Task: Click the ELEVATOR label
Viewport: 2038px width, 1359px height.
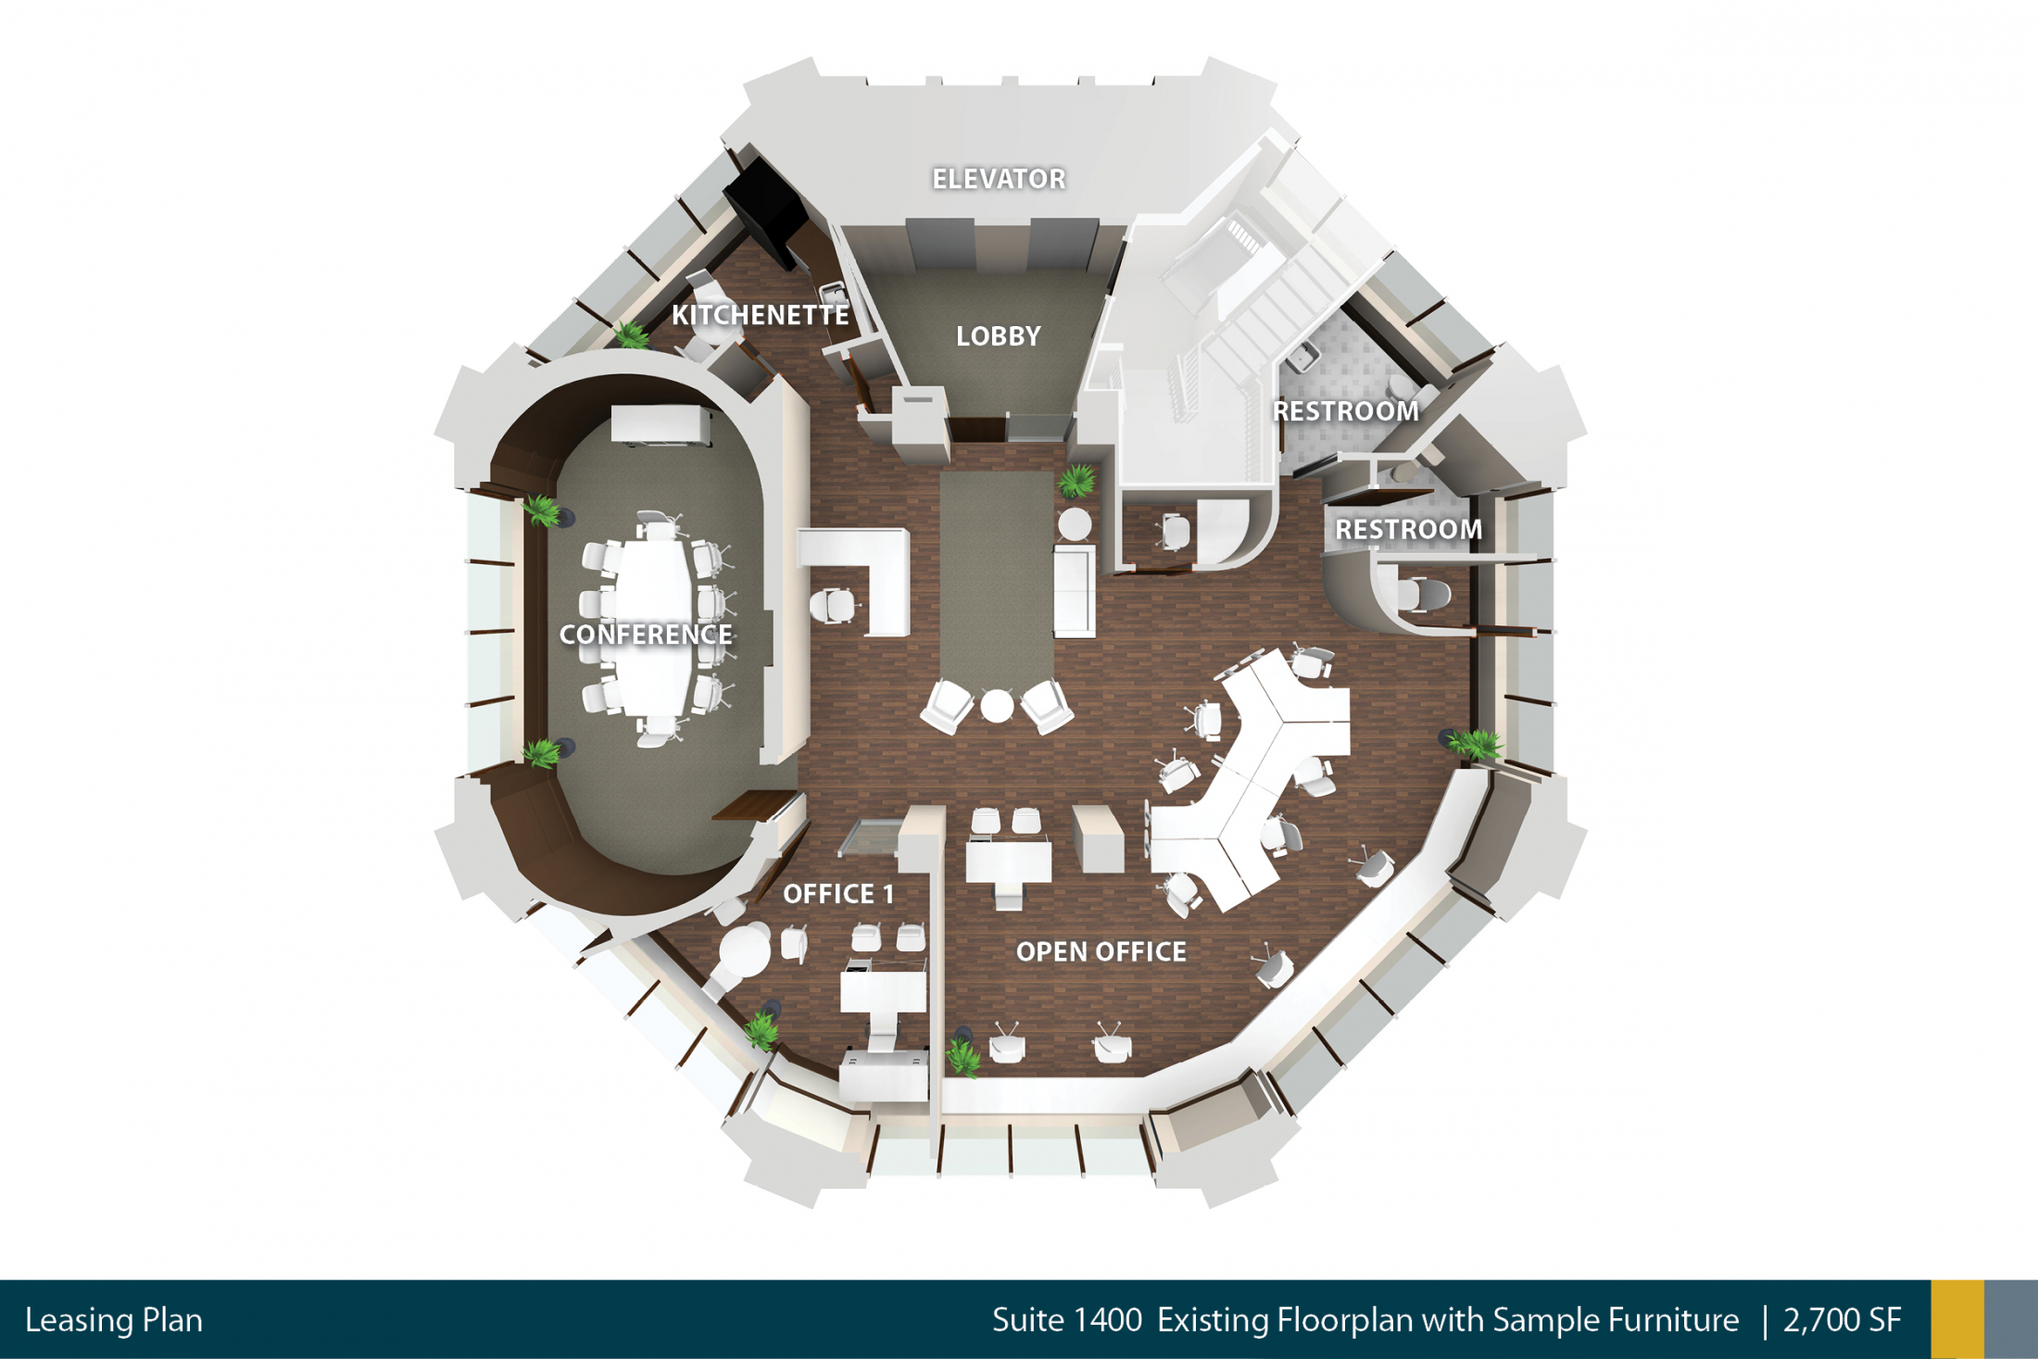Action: click(999, 179)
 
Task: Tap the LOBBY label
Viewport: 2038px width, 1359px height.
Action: click(999, 336)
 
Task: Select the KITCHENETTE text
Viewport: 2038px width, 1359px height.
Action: click(760, 315)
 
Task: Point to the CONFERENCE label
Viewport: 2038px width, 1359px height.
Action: click(646, 635)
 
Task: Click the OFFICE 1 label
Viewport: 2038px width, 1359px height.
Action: click(838, 894)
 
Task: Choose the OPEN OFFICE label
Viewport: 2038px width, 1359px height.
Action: click(1101, 951)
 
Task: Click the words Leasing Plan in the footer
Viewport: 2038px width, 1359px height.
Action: click(114, 1320)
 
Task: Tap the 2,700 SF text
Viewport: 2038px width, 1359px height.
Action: click(1842, 1320)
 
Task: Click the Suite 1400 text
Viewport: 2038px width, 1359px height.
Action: click(1067, 1320)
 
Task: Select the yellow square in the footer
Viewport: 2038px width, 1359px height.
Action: click(1957, 1319)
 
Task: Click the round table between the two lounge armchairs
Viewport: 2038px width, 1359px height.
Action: click(997, 706)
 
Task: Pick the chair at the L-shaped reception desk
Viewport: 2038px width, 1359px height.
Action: click(832, 605)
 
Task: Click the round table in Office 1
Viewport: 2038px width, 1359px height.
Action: click(745, 949)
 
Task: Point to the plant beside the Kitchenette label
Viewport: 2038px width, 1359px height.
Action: click(632, 334)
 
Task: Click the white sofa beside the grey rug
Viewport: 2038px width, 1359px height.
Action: click(1075, 590)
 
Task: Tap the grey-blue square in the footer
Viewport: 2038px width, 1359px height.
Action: click(2011, 1319)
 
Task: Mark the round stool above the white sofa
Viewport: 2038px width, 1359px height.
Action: click(1075, 523)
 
